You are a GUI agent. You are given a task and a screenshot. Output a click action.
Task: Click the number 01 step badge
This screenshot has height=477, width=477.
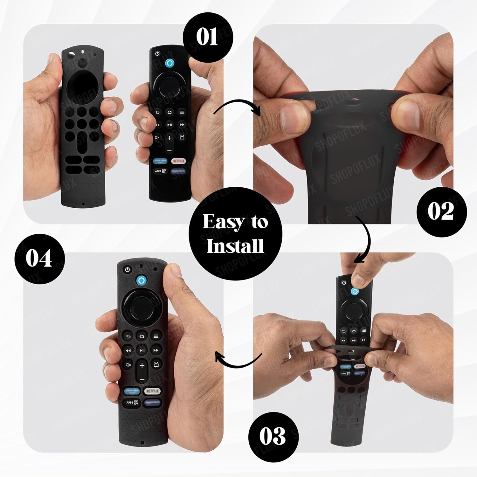pyautogui.click(x=208, y=37)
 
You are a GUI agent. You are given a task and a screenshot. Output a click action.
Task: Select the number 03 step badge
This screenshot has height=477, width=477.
pyautogui.click(x=273, y=437)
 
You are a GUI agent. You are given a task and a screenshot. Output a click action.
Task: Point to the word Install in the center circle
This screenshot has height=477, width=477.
pyautogui.click(x=235, y=246)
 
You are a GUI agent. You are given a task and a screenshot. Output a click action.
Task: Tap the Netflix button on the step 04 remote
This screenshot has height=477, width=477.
pyautogui.click(x=152, y=391)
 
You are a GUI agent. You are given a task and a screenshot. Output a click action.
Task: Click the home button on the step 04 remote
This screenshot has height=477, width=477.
pyautogui.click(x=142, y=336)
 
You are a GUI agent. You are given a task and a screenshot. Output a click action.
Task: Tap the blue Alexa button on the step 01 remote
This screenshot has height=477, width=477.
pyautogui.click(x=170, y=63)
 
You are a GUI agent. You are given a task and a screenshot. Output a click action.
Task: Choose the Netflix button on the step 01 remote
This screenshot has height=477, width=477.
pyautogui.click(x=178, y=161)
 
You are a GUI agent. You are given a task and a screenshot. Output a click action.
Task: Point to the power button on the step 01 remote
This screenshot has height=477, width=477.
pyautogui.click(x=157, y=54)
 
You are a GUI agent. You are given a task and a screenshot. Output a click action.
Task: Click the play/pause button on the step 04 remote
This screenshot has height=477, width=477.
pyautogui.click(x=142, y=350)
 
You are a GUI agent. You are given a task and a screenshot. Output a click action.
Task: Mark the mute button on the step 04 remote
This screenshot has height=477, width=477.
pyautogui.click(x=128, y=365)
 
